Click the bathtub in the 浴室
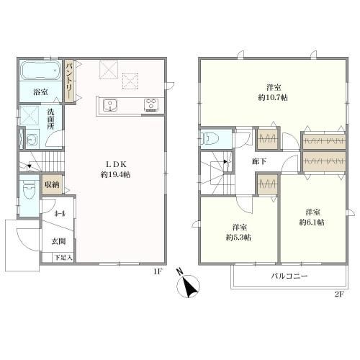(x=40, y=71)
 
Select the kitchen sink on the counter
(x=110, y=105)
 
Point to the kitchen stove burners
(x=151, y=105)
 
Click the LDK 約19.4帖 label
(x=115, y=169)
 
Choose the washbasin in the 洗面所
(x=33, y=139)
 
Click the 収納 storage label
(x=53, y=184)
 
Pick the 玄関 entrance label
(x=58, y=241)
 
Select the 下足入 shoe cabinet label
(x=63, y=258)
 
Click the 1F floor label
(x=158, y=271)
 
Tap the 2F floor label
(x=339, y=294)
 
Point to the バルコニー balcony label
(x=289, y=276)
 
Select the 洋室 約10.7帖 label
(x=273, y=93)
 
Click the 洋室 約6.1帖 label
(x=312, y=217)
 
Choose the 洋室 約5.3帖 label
(x=239, y=233)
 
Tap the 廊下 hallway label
(x=259, y=161)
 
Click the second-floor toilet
(x=210, y=139)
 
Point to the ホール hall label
(x=60, y=214)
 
